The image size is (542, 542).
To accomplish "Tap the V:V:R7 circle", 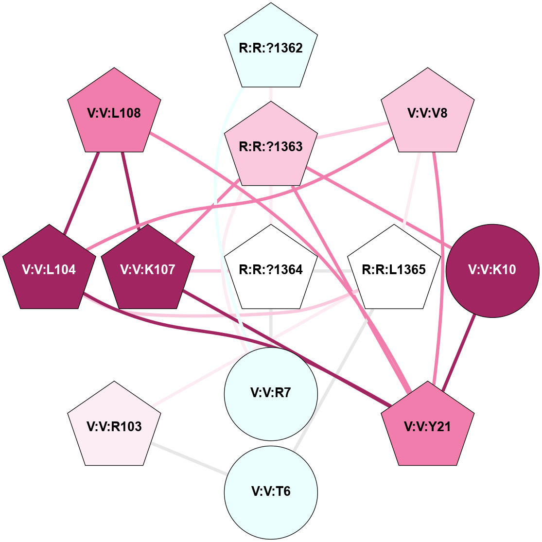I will [x=271, y=393].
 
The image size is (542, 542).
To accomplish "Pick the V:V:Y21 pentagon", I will [x=427, y=426].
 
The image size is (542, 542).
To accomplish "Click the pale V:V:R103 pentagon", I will [x=114, y=426].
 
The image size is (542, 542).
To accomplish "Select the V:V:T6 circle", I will [x=271, y=491].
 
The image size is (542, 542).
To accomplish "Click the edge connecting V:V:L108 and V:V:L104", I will [x=82, y=190].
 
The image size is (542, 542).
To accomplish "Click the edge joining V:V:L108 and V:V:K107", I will [x=130, y=190].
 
